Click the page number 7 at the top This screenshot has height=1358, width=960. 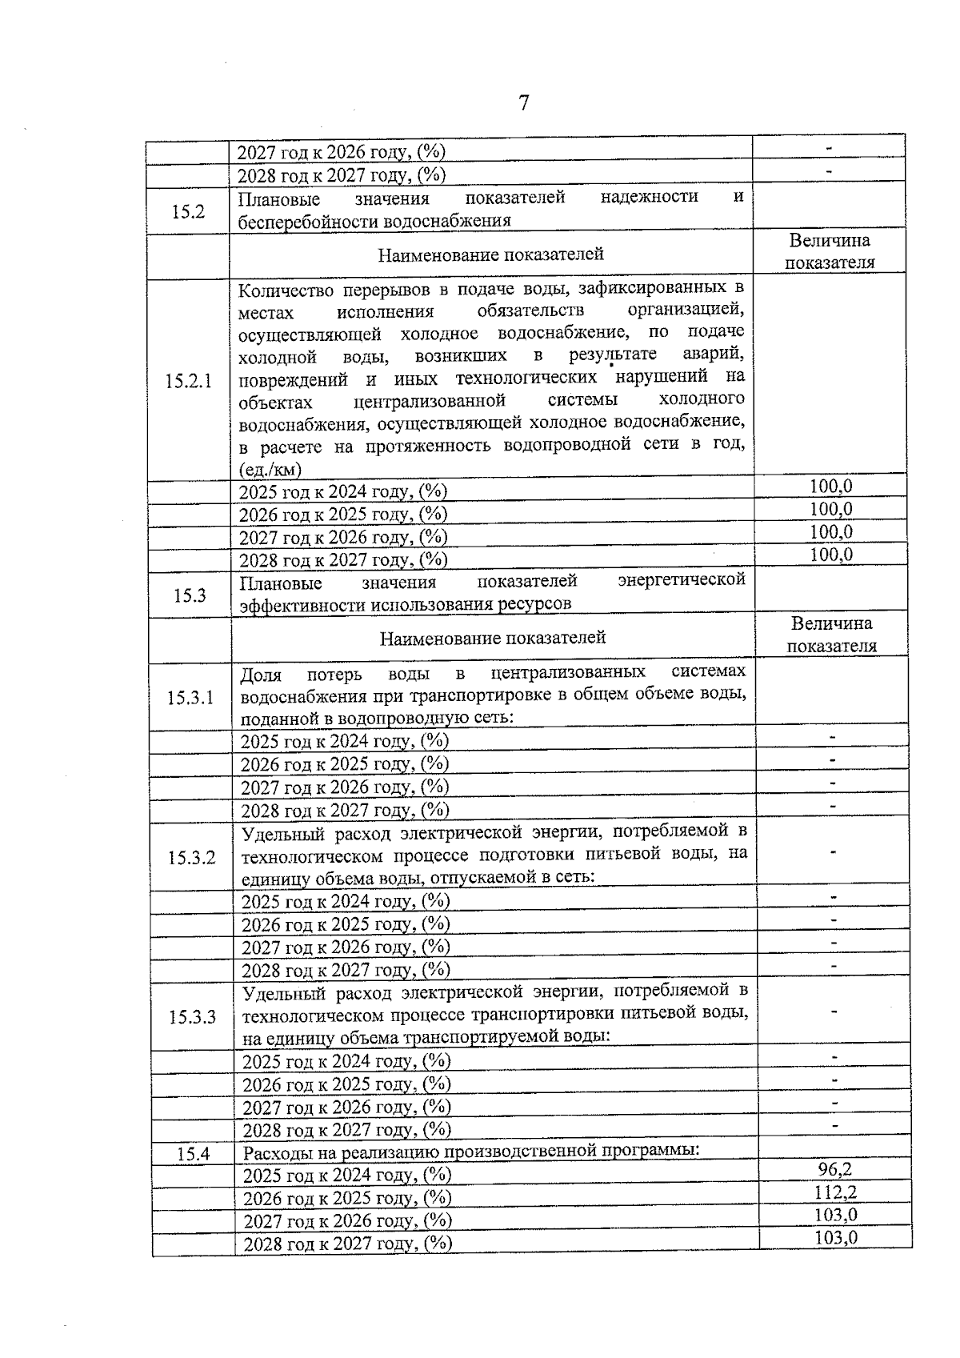(524, 103)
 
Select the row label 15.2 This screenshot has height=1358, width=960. (189, 211)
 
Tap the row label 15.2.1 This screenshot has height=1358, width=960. (189, 381)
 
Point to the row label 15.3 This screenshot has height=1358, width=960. (190, 595)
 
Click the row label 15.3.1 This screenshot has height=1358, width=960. (190, 698)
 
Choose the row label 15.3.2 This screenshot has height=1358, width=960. (191, 859)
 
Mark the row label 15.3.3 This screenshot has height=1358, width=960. (192, 1018)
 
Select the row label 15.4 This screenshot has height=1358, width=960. (193, 1154)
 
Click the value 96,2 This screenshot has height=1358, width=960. (834, 1169)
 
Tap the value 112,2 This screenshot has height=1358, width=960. (835, 1192)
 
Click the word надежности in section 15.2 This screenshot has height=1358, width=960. (649, 197)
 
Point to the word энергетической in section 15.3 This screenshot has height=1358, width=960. (681, 579)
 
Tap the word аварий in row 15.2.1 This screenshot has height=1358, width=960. (714, 354)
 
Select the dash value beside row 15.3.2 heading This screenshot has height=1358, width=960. (833, 854)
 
